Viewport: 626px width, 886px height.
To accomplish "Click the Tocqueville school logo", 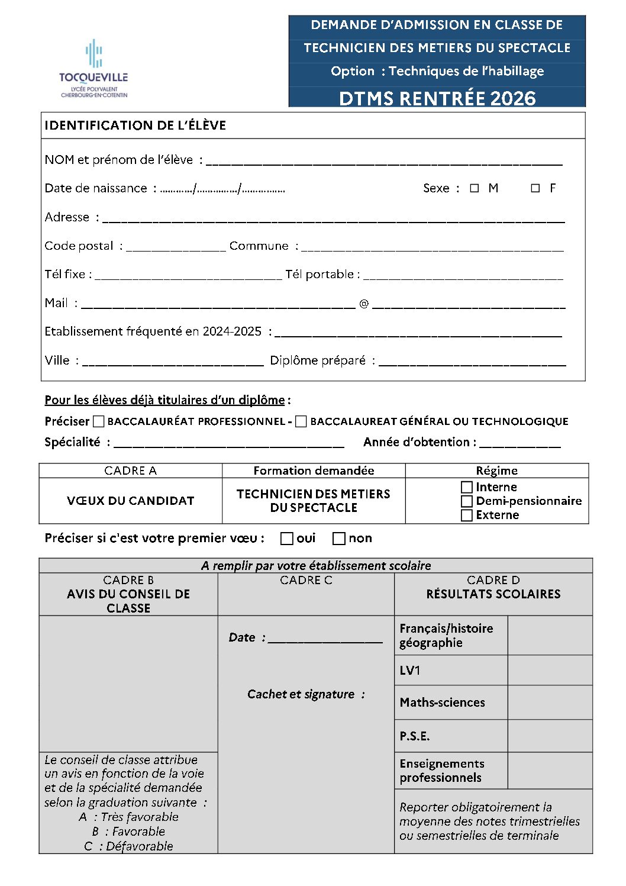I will pos(93,69).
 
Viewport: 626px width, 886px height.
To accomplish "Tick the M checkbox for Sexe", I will pos(474,188).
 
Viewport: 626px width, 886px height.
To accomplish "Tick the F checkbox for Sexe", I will pos(535,188).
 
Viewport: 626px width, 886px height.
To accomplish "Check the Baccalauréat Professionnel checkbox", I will pos(99,421).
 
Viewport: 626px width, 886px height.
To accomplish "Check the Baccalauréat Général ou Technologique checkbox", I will pos(301,421).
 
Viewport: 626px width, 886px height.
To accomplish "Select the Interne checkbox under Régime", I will pos(467,487).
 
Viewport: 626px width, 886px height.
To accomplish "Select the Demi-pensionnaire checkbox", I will pos(467,501).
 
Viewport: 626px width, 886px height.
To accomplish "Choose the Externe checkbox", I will pos(467,515).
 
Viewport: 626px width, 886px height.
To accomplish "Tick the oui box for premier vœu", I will pos(287,539).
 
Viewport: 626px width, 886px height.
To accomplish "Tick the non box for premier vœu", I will pos(339,539).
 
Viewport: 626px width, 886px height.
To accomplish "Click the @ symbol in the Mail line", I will pos(364,304).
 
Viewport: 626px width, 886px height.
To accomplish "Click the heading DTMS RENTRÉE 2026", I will pos(437,98).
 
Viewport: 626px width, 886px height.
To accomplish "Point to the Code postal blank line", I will pos(176,247).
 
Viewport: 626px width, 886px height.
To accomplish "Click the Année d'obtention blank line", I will pos(520,444).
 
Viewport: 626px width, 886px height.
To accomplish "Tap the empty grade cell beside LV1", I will pos(550,670).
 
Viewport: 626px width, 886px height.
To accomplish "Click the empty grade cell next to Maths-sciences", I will pos(550,703).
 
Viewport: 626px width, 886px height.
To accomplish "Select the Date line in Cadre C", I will pos(325,639).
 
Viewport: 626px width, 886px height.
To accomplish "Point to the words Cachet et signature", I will pos(306,694).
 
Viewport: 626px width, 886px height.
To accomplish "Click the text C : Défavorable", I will pos(128,846).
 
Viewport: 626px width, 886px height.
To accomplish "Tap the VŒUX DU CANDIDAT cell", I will pos(131,501).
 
